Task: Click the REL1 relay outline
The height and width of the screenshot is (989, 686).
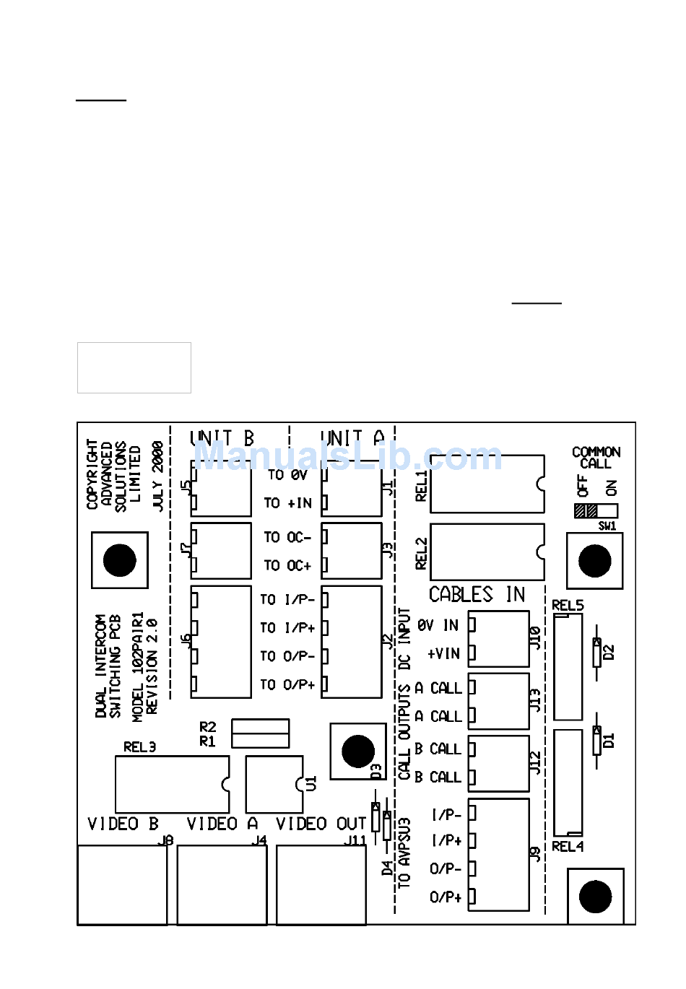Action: tap(487, 484)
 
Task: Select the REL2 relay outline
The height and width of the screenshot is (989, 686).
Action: tap(487, 552)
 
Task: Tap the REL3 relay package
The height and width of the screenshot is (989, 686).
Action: tap(172, 784)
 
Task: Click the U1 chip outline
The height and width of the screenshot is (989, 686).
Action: tap(274, 784)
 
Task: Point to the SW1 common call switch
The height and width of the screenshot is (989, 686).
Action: tap(596, 511)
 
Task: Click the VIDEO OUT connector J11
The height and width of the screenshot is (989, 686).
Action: tap(321, 885)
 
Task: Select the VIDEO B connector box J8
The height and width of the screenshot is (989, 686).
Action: tap(122, 885)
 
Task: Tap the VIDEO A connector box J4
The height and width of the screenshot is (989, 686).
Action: tap(222, 885)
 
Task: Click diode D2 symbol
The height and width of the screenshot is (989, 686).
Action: tap(596, 652)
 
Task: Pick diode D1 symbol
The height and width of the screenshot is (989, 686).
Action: tap(596, 740)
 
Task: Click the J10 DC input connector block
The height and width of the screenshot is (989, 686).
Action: tap(499, 639)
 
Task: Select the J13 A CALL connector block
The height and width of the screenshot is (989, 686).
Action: tap(499, 701)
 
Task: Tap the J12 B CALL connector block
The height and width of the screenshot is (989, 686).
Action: tap(499, 763)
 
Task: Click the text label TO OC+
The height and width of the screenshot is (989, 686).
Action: tap(287, 565)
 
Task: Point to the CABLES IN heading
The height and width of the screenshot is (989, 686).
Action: tap(477, 594)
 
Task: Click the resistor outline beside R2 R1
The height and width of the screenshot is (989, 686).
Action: tap(260, 733)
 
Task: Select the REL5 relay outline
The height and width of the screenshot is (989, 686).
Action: tap(568, 666)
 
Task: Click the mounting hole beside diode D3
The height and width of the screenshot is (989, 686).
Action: tap(357, 751)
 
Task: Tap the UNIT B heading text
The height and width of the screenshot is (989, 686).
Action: tap(222, 438)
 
